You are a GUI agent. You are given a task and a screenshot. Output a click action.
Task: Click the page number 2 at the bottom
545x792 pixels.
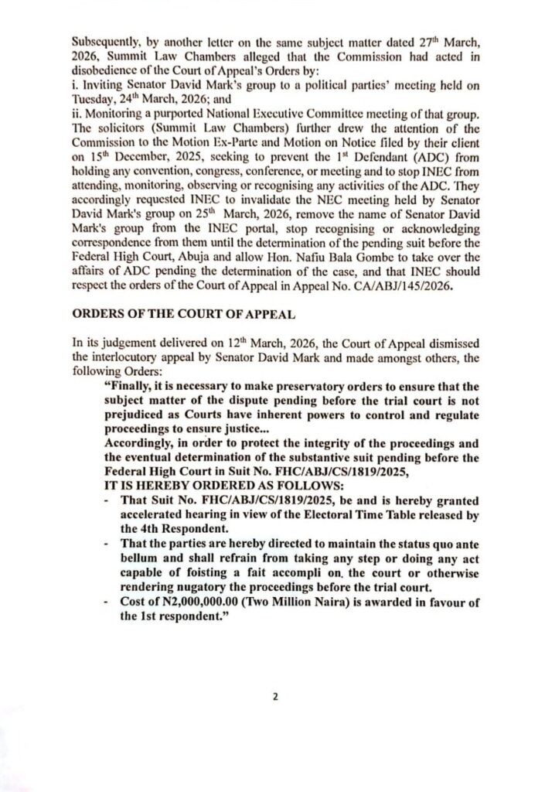click(274, 696)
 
